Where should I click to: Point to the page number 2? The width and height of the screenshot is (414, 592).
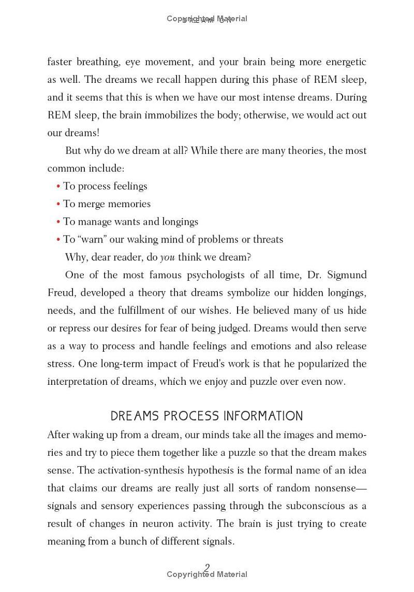207,568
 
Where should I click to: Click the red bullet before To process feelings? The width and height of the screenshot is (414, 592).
58,186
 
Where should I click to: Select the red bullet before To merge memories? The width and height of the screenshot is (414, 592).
58,204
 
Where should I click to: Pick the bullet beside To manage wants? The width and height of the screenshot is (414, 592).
58,222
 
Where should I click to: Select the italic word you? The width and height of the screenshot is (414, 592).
167,257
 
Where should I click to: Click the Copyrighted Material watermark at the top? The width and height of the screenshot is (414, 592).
207,19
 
